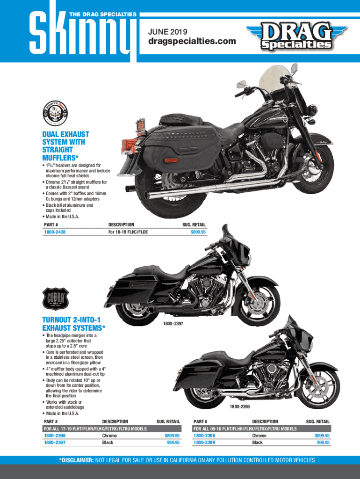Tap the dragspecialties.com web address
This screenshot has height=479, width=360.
coord(192,42)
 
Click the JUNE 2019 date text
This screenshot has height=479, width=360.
coord(167,32)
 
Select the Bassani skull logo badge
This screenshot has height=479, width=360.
coord(56,112)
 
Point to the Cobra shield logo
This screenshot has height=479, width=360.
coord(56,298)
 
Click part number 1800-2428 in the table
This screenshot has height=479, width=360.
coord(56,232)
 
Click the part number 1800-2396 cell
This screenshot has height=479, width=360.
coord(54,435)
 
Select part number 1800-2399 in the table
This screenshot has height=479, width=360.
coord(204,442)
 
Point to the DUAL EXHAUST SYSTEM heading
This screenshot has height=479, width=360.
coord(66,145)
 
